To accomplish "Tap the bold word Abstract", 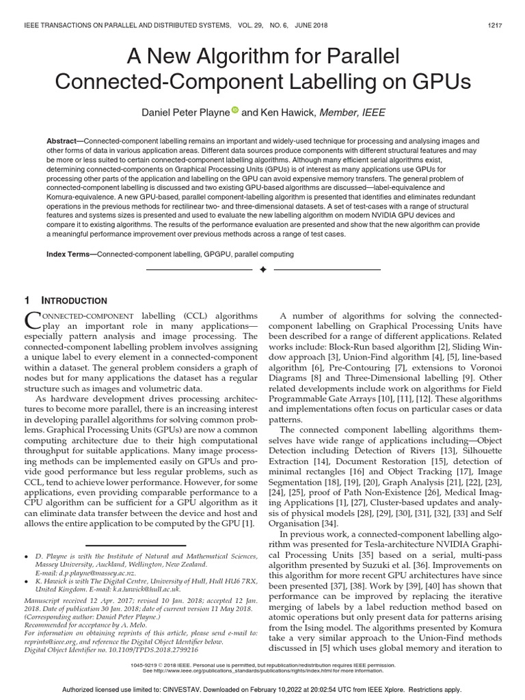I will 64,139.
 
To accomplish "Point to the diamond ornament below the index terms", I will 262,270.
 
